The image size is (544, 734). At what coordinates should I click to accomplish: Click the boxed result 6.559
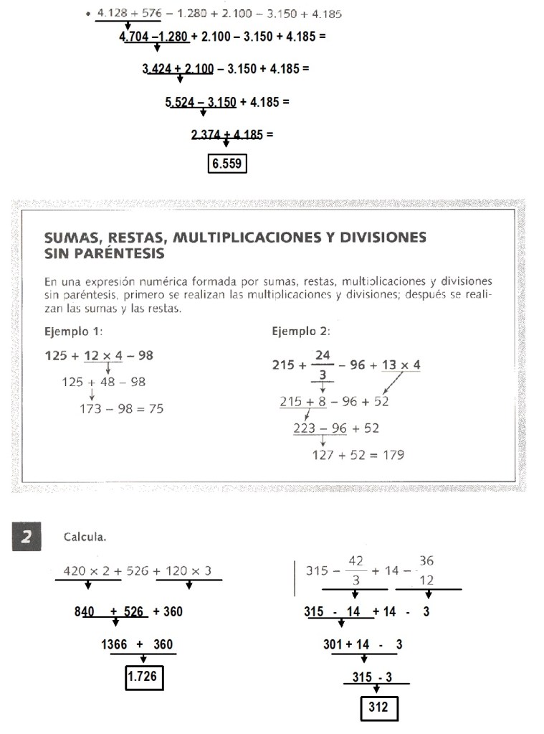click(x=227, y=165)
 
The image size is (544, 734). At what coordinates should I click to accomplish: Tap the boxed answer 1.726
click(x=144, y=677)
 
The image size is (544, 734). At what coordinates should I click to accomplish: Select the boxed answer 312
click(x=378, y=708)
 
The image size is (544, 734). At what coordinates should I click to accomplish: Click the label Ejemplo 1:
click(x=74, y=331)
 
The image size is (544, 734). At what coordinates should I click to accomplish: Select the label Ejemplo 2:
click(x=301, y=331)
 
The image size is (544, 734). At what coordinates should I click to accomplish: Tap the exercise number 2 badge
click(x=27, y=537)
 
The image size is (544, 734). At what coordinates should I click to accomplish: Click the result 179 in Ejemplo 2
click(x=392, y=455)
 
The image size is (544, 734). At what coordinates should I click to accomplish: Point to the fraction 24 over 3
click(x=323, y=364)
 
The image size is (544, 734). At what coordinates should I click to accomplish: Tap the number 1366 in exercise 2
click(x=114, y=644)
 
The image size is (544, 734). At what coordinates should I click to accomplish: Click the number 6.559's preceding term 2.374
click(x=206, y=133)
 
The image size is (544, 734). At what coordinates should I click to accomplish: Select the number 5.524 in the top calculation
click(x=181, y=102)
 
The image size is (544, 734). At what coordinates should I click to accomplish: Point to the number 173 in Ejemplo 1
click(x=91, y=409)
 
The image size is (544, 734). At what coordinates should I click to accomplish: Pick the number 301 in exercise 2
click(x=333, y=644)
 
